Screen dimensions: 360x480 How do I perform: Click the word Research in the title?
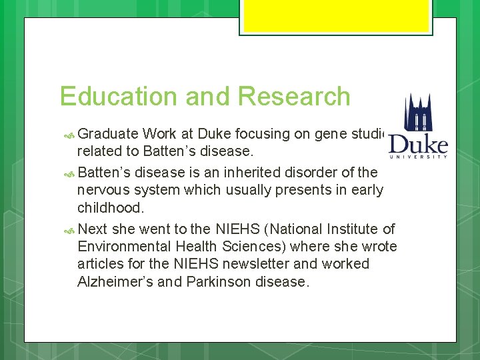293,97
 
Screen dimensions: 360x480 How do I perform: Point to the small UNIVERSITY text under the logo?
419,157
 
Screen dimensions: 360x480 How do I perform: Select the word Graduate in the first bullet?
108,134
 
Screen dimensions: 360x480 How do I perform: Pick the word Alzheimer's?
115,281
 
